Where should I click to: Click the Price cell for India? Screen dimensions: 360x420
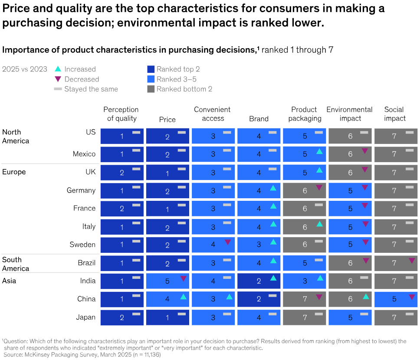(x=167, y=281)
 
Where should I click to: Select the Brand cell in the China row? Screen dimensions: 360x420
(x=259, y=299)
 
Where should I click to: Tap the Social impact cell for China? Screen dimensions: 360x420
(x=395, y=299)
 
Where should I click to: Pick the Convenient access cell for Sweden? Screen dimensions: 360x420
(x=213, y=245)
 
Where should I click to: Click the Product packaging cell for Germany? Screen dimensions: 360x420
(x=304, y=190)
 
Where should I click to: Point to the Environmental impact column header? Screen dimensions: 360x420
(x=349, y=114)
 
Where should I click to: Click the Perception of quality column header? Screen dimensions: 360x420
(x=121, y=114)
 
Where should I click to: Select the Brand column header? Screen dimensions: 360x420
(x=259, y=119)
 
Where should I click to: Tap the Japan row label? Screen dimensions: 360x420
(x=85, y=317)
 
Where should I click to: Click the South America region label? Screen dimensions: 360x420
(x=16, y=264)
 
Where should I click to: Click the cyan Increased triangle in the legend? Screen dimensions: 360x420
(x=58, y=69)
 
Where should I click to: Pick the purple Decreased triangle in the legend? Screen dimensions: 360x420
(x=58, y=79)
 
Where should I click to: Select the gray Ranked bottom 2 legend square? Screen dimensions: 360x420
(x=151, y=89)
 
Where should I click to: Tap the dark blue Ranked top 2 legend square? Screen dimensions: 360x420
(x=151, y=69)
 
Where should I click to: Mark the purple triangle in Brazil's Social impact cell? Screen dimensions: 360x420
(x=412, y=261)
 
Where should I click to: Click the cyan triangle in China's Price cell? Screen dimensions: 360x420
(x=183, y=297)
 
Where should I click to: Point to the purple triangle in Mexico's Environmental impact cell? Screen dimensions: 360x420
(x=364, y=151)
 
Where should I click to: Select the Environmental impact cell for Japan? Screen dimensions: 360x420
(x=350, y=317)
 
